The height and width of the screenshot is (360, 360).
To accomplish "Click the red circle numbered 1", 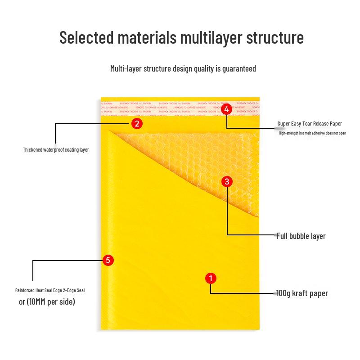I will (211, 279).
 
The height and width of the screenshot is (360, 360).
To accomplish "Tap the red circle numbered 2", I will (137, 123).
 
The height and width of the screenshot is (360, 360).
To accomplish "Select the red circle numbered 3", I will (227, 182).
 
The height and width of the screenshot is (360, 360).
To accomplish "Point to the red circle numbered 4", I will (227, 109).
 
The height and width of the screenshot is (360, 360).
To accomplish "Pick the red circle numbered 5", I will (108, 260).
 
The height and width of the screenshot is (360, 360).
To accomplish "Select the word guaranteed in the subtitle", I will (239, 69).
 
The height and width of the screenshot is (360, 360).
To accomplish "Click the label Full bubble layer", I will (301, 236).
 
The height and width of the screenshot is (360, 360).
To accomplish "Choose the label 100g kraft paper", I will (302, 293).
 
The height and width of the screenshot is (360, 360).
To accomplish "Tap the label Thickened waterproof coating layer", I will (56, 150).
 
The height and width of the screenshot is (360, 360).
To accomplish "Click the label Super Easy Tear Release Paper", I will (310, 124).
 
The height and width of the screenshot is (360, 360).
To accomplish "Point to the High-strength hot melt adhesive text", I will (312, 133).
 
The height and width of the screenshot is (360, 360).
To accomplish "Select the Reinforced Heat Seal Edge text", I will (50, 290).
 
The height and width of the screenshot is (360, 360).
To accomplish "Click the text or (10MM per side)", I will (47, 301).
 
